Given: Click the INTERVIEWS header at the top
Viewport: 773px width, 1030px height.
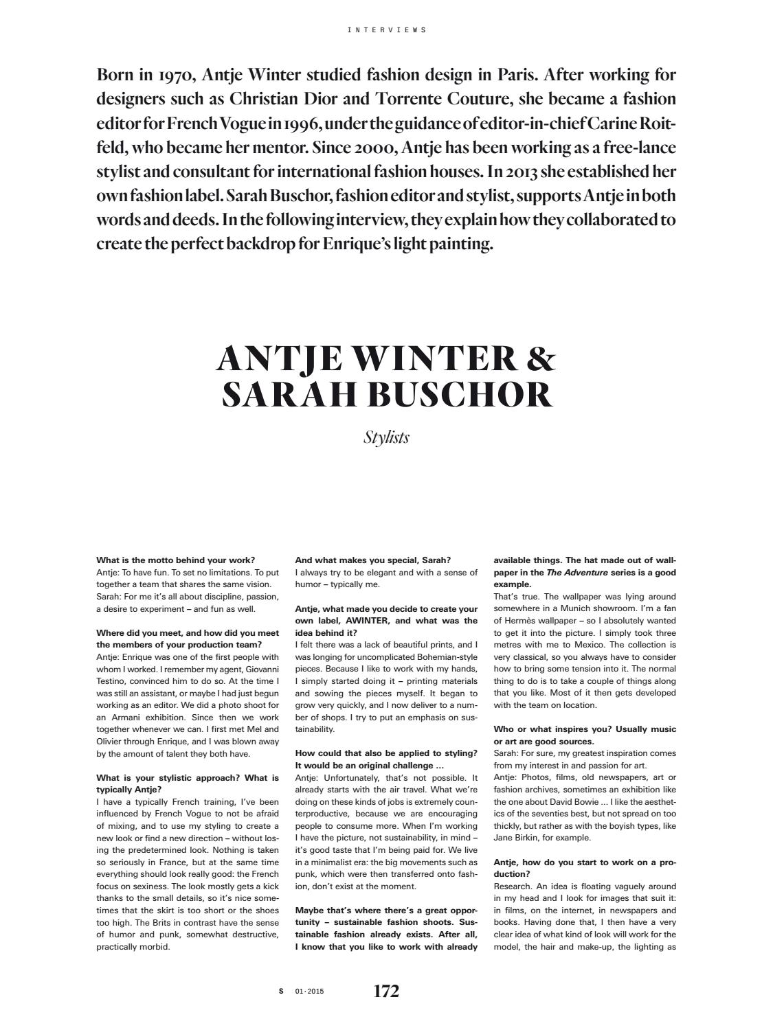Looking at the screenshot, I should pos(387,30).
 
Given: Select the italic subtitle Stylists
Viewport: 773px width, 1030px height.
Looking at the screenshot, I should pos(386,437).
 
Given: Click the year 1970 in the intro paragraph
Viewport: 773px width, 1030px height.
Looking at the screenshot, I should pos(179,75).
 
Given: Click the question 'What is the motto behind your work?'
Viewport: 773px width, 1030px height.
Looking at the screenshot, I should pos(176,560).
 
